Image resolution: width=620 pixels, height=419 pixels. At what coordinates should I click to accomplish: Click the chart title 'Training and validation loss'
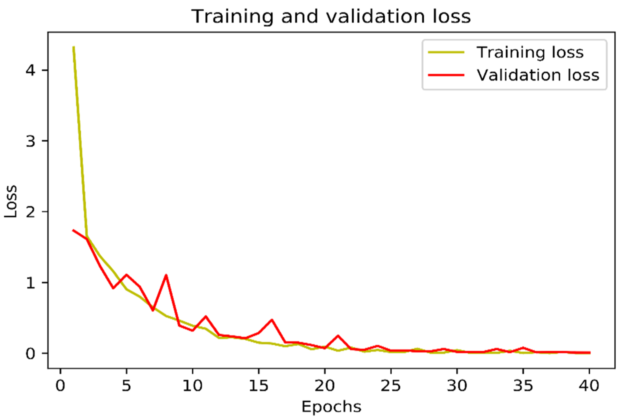pos(331,17)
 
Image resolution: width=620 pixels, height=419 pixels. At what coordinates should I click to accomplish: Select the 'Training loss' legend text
pos(530,52)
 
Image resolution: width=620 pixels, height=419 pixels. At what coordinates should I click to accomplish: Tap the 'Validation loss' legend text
pos(538,75)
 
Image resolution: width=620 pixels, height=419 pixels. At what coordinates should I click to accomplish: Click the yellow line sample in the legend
pos(446,52)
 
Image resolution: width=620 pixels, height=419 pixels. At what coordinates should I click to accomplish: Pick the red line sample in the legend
pos(446,75)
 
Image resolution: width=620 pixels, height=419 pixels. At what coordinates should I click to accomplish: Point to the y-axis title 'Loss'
pos(11,202)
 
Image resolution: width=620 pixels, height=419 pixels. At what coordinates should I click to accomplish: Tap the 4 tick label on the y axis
pos(30,70)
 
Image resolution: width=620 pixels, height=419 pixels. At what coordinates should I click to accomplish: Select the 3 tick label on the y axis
pos(30,141)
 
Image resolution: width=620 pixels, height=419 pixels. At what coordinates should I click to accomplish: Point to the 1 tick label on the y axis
pos(30,283)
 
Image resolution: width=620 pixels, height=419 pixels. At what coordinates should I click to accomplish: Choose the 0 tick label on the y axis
pos(30,353)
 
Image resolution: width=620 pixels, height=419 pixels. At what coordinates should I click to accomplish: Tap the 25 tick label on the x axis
pos(391,386)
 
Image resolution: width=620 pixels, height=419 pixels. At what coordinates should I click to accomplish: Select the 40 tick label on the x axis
pos(589,386)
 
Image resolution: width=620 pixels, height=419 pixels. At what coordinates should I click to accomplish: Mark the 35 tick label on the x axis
pos(523,386)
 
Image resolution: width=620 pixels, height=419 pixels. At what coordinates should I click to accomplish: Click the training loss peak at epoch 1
pos(74,47)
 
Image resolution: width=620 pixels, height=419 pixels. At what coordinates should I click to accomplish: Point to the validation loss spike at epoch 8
pos(166,275)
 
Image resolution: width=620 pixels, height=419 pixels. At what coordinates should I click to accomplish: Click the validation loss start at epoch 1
pos(73,230)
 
